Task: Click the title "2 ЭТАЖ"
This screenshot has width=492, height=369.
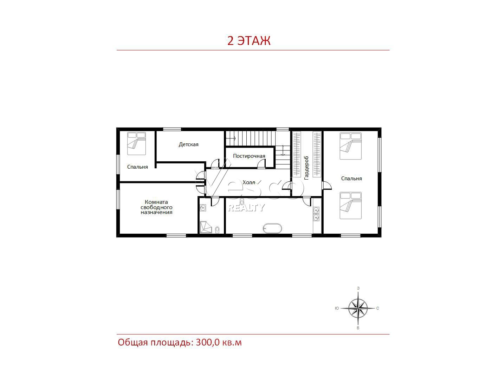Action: tap(248, 40)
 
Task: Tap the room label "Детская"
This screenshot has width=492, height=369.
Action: tap(188, 144)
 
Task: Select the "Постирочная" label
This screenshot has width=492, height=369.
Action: tap(249, 156)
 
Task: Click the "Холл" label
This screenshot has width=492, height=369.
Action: tap(249, 182)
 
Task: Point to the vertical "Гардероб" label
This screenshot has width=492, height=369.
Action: tap(306, 168)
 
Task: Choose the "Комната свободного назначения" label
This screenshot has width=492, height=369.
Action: tap(156, 207)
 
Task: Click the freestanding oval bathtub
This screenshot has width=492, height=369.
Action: tap(272, 228)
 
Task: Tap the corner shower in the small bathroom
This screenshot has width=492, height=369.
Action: tap(206, 227)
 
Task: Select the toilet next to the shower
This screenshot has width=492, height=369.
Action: tap(217, 230)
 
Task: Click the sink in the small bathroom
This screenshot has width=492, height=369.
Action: tap(203, 208)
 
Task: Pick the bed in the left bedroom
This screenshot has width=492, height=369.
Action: tap(136, 143)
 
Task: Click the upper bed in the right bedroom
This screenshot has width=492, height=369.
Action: tap(351, 146)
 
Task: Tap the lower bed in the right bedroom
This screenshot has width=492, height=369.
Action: tap(351, 206)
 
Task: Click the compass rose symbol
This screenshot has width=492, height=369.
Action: tap(358, 308)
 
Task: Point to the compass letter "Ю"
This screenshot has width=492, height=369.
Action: tap(337, 308)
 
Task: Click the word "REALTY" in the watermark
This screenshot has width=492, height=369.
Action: tap(246, 208)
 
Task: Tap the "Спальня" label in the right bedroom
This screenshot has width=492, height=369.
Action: tap(351, 179)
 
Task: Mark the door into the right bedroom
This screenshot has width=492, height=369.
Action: tap(327, 186)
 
